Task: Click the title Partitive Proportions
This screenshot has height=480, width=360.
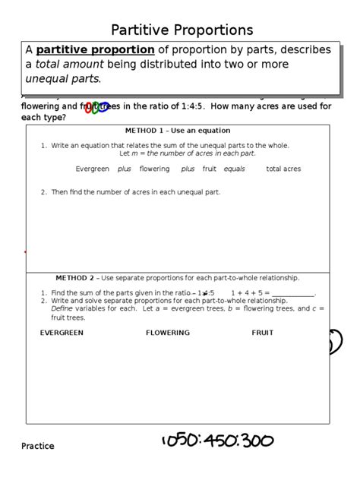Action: click(x=182, y=30)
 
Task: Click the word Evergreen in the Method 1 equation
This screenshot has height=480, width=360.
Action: click(x=93, y=169)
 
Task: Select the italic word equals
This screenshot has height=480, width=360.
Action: click(x=234, y=169)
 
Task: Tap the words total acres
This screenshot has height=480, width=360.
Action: click(x=283, y=169)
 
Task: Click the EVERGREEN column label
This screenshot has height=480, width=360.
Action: click(x=62, y=333)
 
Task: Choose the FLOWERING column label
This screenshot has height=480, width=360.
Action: click(x=168, y=333)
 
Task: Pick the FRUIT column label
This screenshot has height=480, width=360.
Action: click(x=263, y=333)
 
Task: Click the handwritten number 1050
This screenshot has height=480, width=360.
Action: click(x=179, y=441)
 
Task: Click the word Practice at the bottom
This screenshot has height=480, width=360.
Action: click(x=37, y=447)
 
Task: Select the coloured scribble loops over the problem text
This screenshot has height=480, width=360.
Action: click(x=97, y=108)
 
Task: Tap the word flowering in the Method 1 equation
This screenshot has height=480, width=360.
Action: click(x=154, y=169)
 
